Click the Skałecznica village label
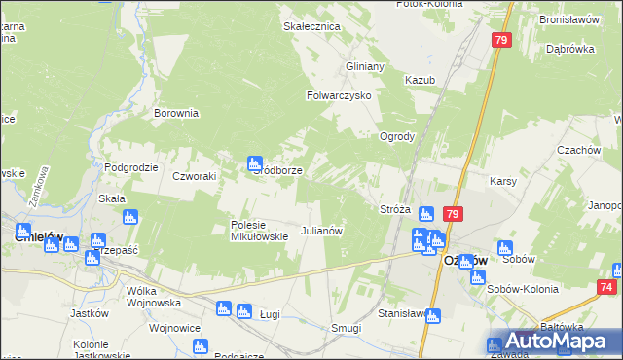pos(311,26)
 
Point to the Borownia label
pos(176,113)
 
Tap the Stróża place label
pos(394,209)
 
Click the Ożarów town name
pos(464,261)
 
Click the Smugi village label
pos(347,329)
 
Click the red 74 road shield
pos(607,288)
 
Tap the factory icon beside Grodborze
pos(255,162)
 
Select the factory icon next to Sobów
pos(504,248)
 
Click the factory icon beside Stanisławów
pos(433,315)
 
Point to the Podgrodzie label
pos(131,167)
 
